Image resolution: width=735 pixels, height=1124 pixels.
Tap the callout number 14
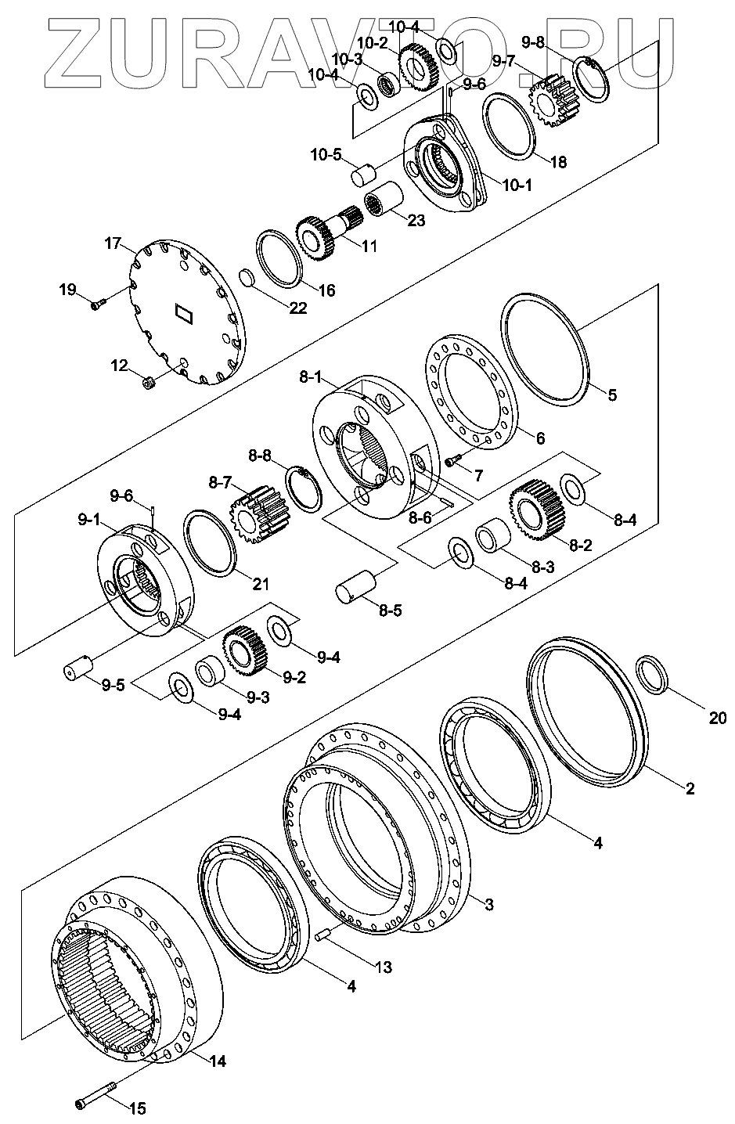click(x=218, y=1062)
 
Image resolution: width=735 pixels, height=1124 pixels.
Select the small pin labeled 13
click(x=323, y=934)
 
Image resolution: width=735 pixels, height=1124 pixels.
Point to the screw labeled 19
click(x=97, y=304)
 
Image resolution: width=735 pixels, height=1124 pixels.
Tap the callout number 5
click(x=612, y=395)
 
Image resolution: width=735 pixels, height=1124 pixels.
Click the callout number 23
click(x=416, y=221)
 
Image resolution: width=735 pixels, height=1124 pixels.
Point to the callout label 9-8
click(x=533, y=43)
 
